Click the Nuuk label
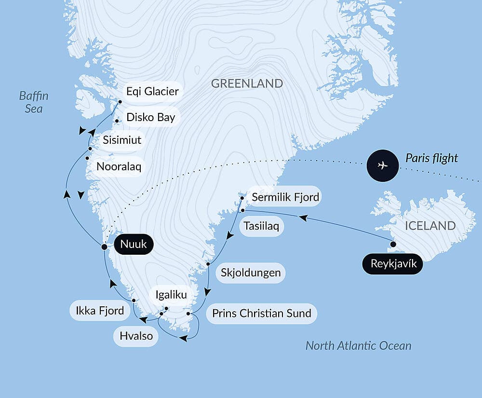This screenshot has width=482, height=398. (133, 245)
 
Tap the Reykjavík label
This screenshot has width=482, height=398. (392, 264)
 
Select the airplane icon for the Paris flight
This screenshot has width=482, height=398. (383, 165)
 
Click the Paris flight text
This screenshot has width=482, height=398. (431, 158)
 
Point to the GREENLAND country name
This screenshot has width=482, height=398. (247, 83)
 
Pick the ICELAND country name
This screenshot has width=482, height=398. (430, 225)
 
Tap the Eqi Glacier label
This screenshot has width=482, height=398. (152, 91)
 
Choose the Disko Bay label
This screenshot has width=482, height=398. (150, 117)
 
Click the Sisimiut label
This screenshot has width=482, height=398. (122, 140)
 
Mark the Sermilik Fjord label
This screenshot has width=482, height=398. (285, 197)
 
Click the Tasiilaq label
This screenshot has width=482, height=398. (261, 226)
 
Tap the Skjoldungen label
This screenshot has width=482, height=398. (250, 273)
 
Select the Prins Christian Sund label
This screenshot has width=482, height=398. (262, 313)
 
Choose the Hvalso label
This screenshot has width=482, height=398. (136, 336)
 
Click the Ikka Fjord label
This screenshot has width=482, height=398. (100, 310)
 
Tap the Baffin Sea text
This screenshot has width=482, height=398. (34, 102)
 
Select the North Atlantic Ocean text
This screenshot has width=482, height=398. (358, 345)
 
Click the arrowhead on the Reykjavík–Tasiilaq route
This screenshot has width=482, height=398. (303, 218)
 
